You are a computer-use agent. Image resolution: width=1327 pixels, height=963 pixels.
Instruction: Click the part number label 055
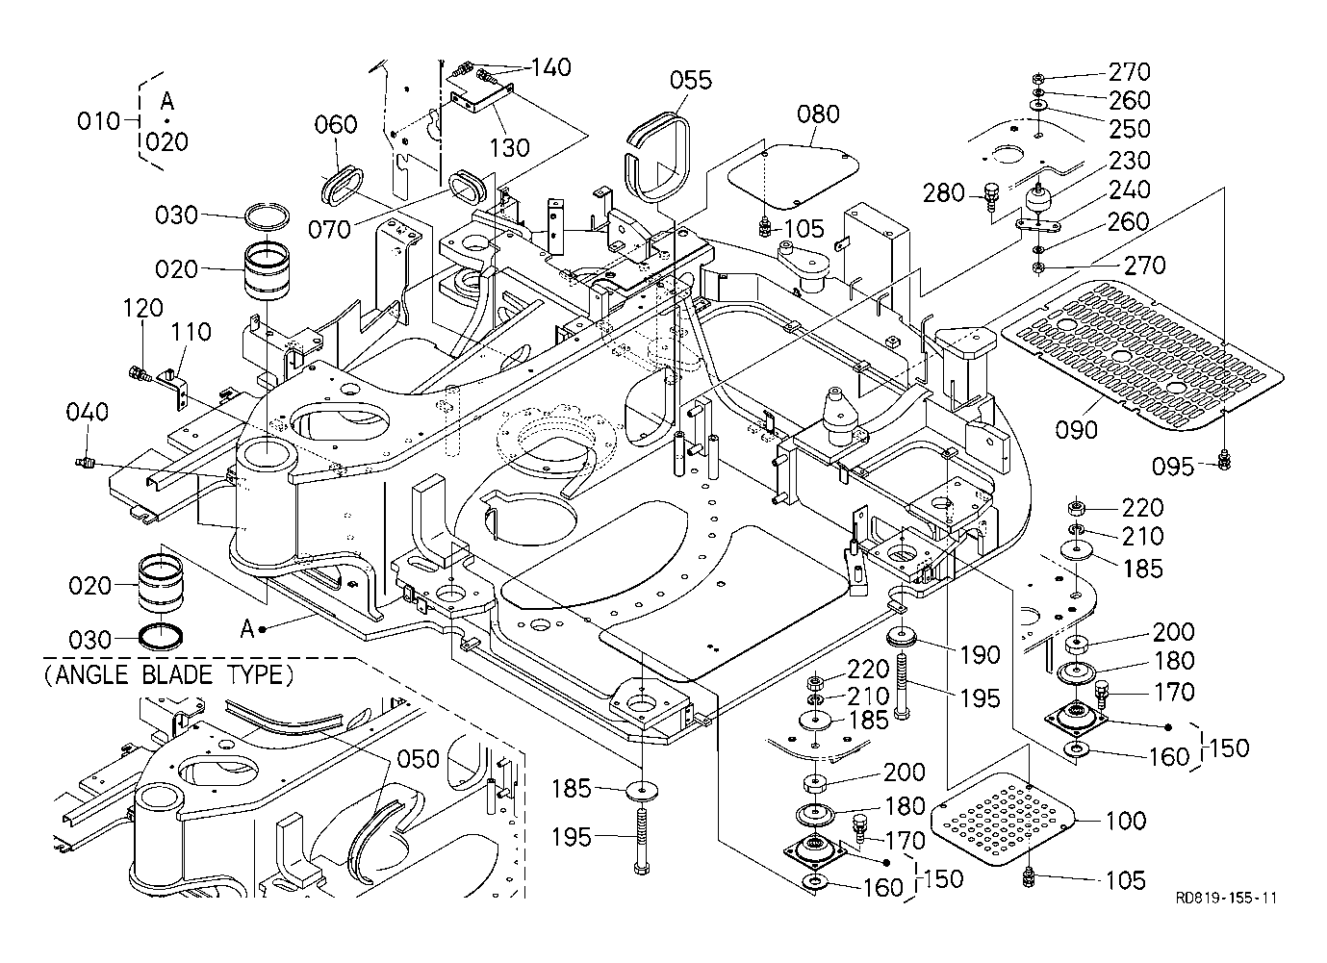point(691,80)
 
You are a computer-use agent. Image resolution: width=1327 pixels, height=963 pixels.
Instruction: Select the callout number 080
point(818,114)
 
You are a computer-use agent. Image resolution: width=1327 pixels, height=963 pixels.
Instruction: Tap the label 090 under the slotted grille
point(1075,430)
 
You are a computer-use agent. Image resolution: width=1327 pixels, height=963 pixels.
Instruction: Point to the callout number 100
point(1126,821)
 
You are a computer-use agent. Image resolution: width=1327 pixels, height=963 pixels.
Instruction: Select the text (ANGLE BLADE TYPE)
point(168,674)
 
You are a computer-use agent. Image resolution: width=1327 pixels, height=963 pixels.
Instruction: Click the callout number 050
point(418,759)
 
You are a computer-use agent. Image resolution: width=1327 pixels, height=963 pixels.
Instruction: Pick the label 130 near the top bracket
point(509,147)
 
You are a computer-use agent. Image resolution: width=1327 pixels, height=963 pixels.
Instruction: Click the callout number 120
point(142,310)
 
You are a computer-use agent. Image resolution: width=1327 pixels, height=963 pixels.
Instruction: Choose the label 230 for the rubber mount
point(1130,161)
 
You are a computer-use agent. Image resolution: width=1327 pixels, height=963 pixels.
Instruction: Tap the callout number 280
point(944,193)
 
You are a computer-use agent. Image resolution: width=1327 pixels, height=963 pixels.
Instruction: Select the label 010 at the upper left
point(98,121)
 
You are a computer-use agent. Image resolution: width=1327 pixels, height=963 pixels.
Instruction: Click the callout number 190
point(980,654)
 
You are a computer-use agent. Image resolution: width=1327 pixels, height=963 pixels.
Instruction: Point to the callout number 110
point(191,334)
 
